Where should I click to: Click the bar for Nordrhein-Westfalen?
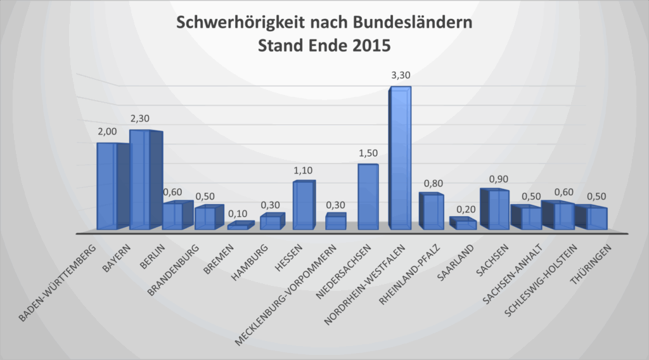[399, 158]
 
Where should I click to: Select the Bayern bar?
[140, 180]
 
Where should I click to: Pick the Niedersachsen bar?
[368, 197]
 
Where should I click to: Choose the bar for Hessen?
[303, 205]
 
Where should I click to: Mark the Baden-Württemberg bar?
[107, 186]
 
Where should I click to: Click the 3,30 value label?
[401, 76]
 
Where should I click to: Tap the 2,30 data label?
[141, 118]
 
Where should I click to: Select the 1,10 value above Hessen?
[303, 170]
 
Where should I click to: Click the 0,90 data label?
[498, 179]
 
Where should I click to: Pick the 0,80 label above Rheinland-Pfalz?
[434, 184]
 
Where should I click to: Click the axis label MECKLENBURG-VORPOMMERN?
[286, 292]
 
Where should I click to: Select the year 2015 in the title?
[367, 46]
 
